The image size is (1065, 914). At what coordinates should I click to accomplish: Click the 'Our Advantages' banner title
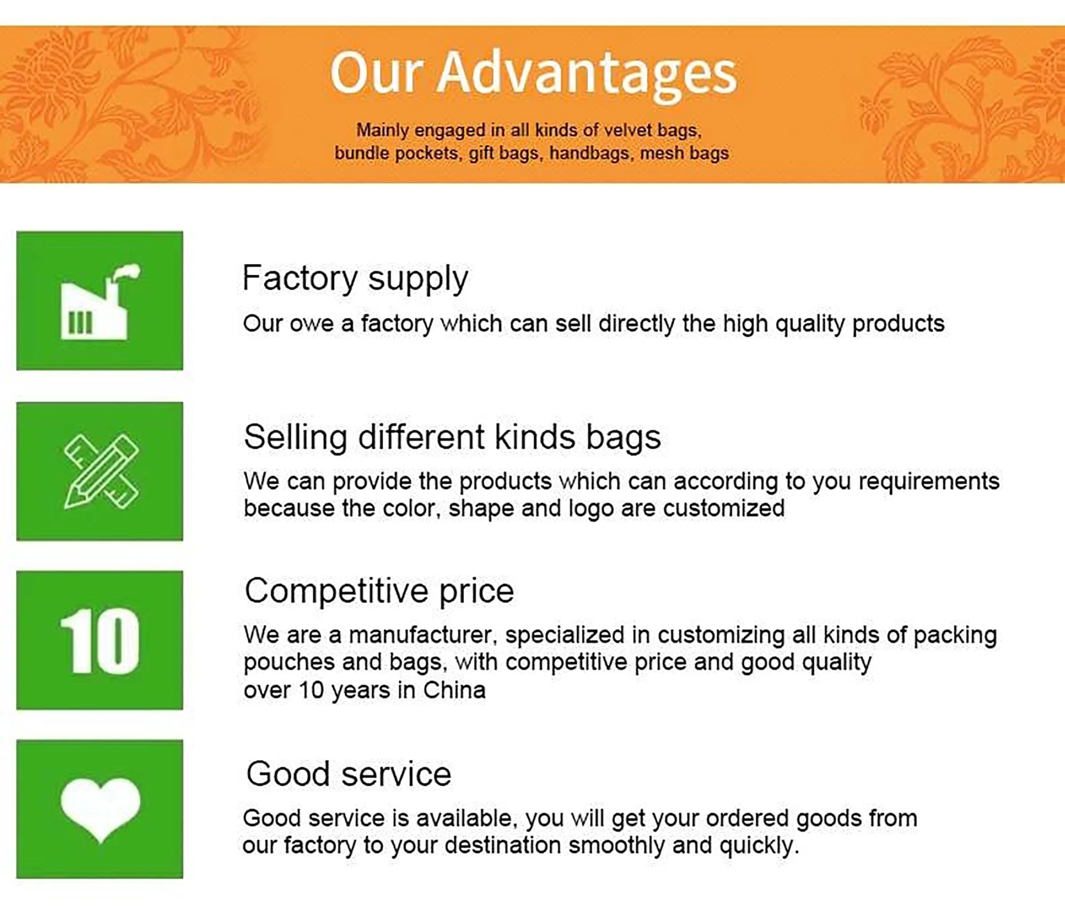tap(533, 75)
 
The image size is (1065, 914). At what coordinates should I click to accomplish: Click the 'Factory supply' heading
tap(355, 279)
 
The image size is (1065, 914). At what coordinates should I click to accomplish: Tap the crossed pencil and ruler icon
tap(101, 471)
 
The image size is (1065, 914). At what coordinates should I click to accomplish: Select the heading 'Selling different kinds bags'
tap(452, 437)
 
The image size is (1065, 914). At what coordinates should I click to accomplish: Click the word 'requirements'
tap(929, 482)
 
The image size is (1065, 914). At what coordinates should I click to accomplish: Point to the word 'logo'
tap(591, 509)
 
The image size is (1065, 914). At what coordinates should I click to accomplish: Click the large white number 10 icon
tap(100, 641)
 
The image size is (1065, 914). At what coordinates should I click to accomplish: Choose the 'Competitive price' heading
tap(379, 591)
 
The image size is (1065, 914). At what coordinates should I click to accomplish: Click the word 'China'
tap(455, 690)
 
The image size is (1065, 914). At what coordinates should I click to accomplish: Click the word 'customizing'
tap(721, 635)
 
